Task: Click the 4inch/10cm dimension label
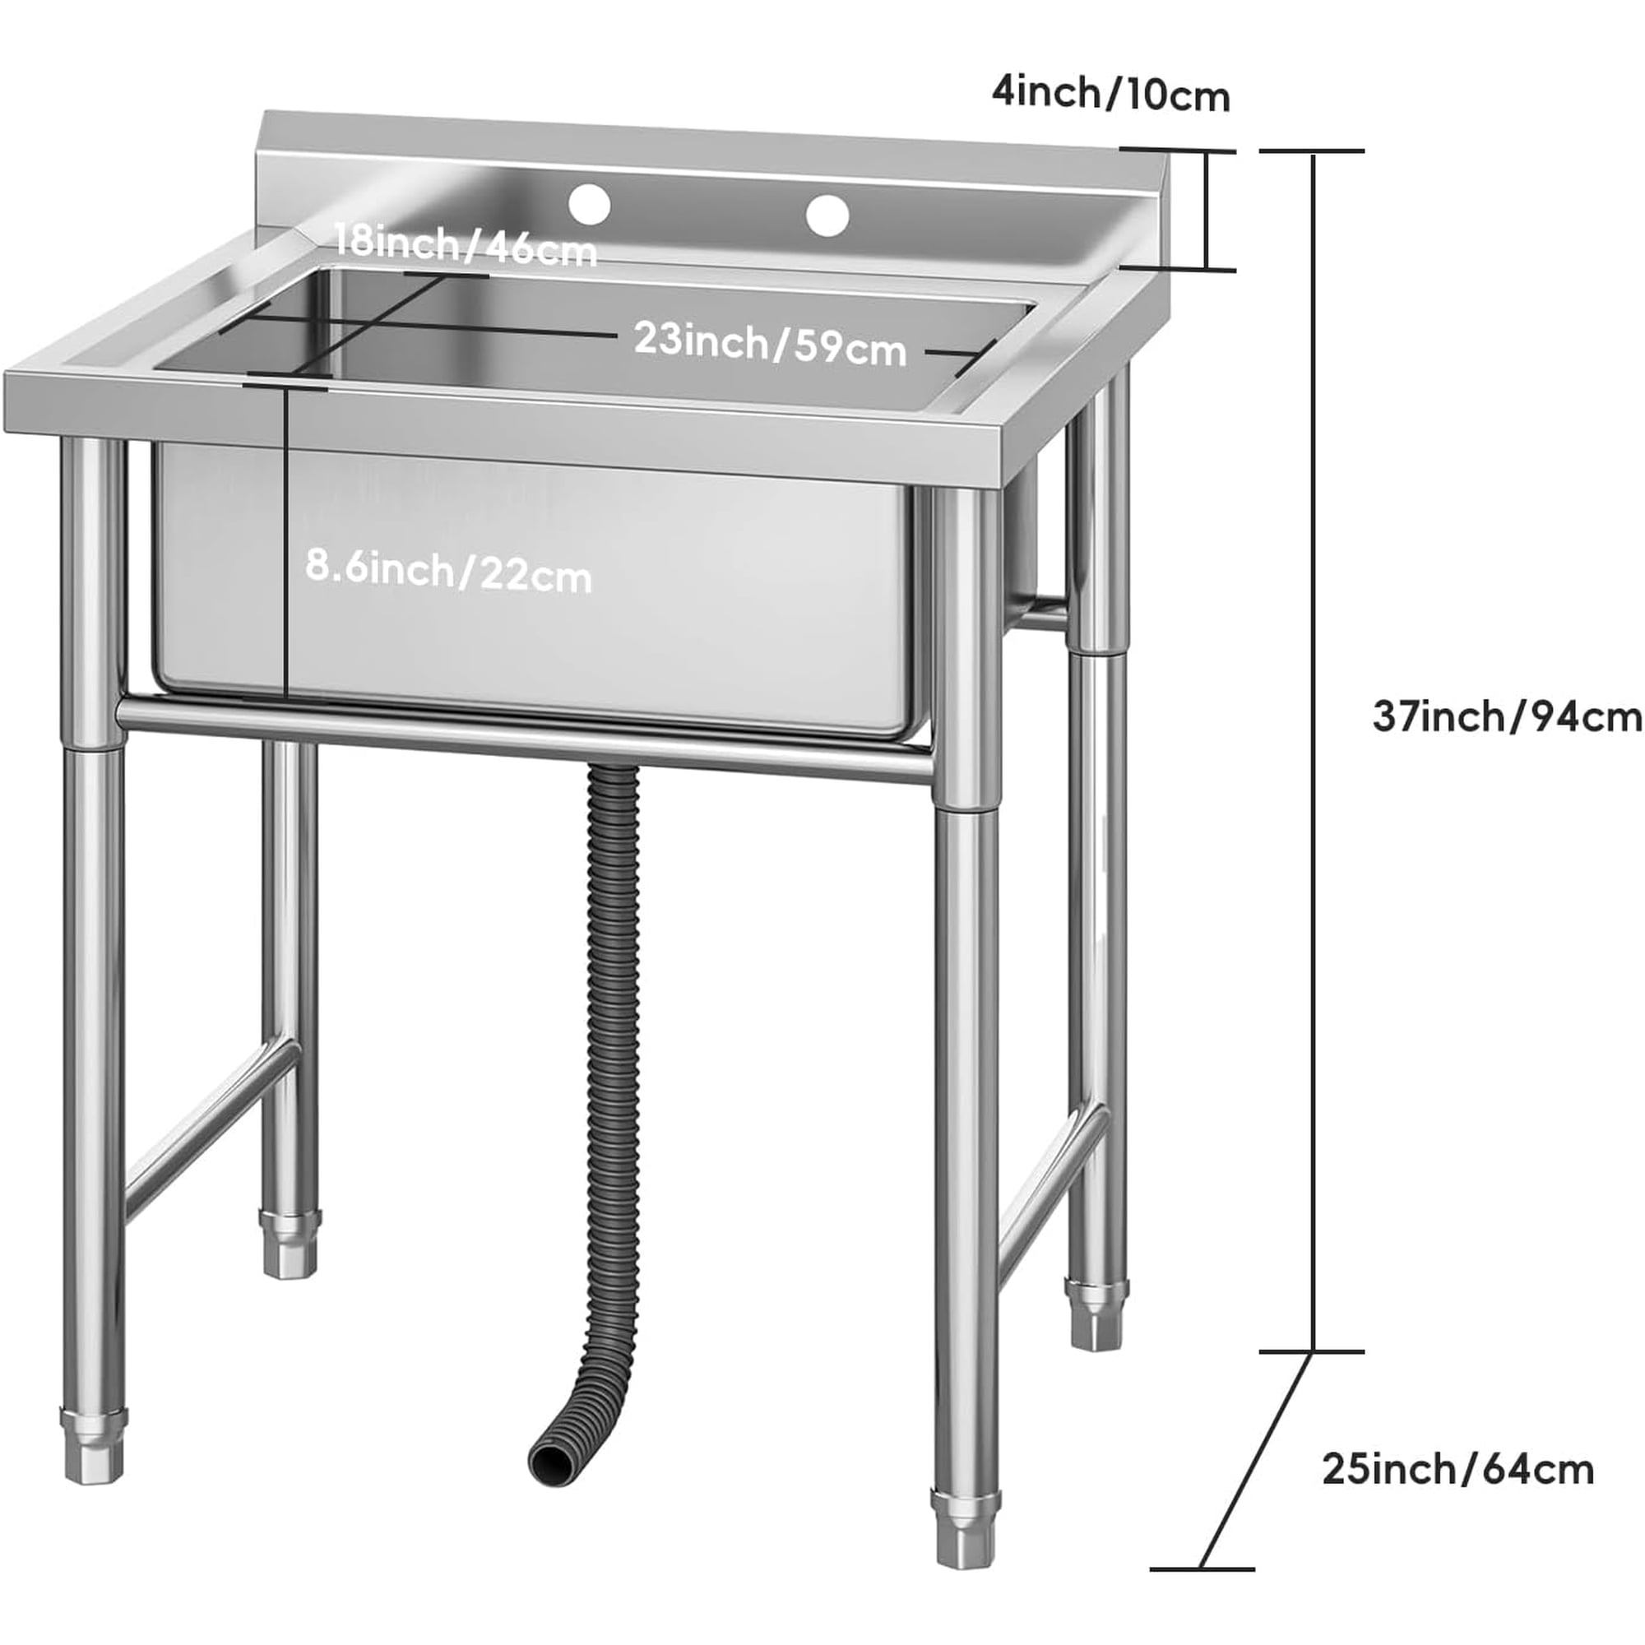tap(1110, 95)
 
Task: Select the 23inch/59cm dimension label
tap(770, 345)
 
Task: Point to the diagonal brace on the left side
tap(211, 1130)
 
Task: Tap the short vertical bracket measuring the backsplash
tap(1206, 211)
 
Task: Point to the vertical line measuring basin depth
tap(285, 545)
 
